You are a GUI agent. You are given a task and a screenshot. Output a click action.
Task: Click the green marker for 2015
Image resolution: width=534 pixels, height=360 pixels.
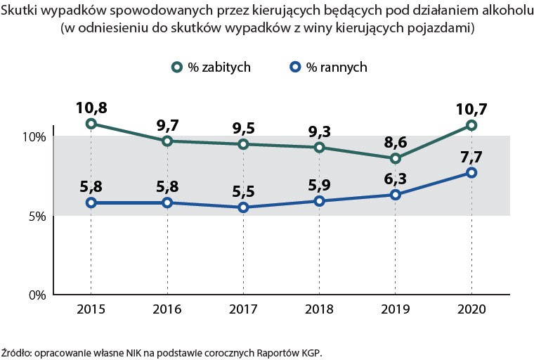click(x=91, y=124)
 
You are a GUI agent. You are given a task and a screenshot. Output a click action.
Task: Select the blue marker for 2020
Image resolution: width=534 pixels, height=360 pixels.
click(x=471, y=172)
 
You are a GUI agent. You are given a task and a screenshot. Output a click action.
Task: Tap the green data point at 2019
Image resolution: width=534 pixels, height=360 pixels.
click(x=396, y=158)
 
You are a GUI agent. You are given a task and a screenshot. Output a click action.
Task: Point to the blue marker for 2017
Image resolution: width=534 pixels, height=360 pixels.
click(x=243, y=207)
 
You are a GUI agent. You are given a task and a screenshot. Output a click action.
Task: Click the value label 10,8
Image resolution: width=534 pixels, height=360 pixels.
click(x=91, y=108)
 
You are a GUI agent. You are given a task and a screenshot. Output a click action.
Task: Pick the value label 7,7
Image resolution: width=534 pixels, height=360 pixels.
click(x=471, y=157)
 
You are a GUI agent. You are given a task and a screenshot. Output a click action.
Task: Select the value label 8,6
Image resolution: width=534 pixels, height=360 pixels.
click(x=396, y=143)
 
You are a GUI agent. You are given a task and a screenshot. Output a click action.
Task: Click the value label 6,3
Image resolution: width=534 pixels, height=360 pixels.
click(x=396, y=179)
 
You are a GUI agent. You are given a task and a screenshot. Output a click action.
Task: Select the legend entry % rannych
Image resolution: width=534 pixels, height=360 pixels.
click(x=337, y=67)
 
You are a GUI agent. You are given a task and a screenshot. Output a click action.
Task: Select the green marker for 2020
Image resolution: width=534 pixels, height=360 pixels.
click(x=471, y=125)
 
